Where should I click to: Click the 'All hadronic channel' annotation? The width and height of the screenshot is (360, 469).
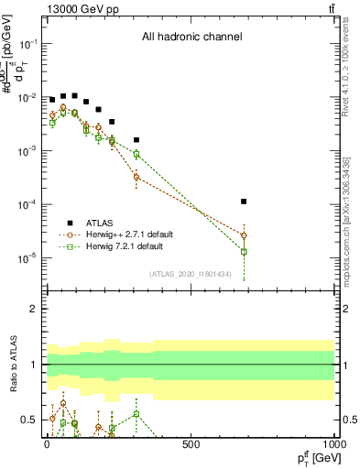click(191, 38)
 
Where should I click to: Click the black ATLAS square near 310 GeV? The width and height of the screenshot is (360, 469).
click(136, 140)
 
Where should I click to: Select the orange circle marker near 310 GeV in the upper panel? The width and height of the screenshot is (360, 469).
click(136, 176)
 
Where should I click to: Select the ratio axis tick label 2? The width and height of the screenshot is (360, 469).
click(34, 309)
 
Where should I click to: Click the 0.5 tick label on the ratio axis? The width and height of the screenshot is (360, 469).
click(29, 420)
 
